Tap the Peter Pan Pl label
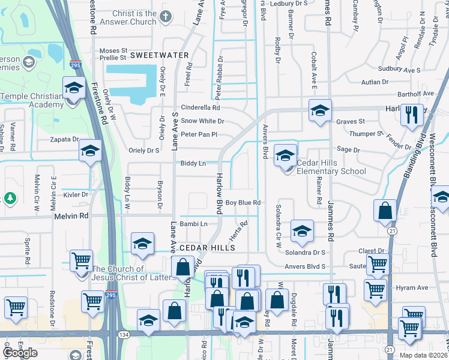coord(199,134)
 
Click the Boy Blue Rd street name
coord(243,203)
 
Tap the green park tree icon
coord(10,197)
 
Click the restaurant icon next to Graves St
coord(411,115)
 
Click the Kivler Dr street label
coord(76,194)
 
